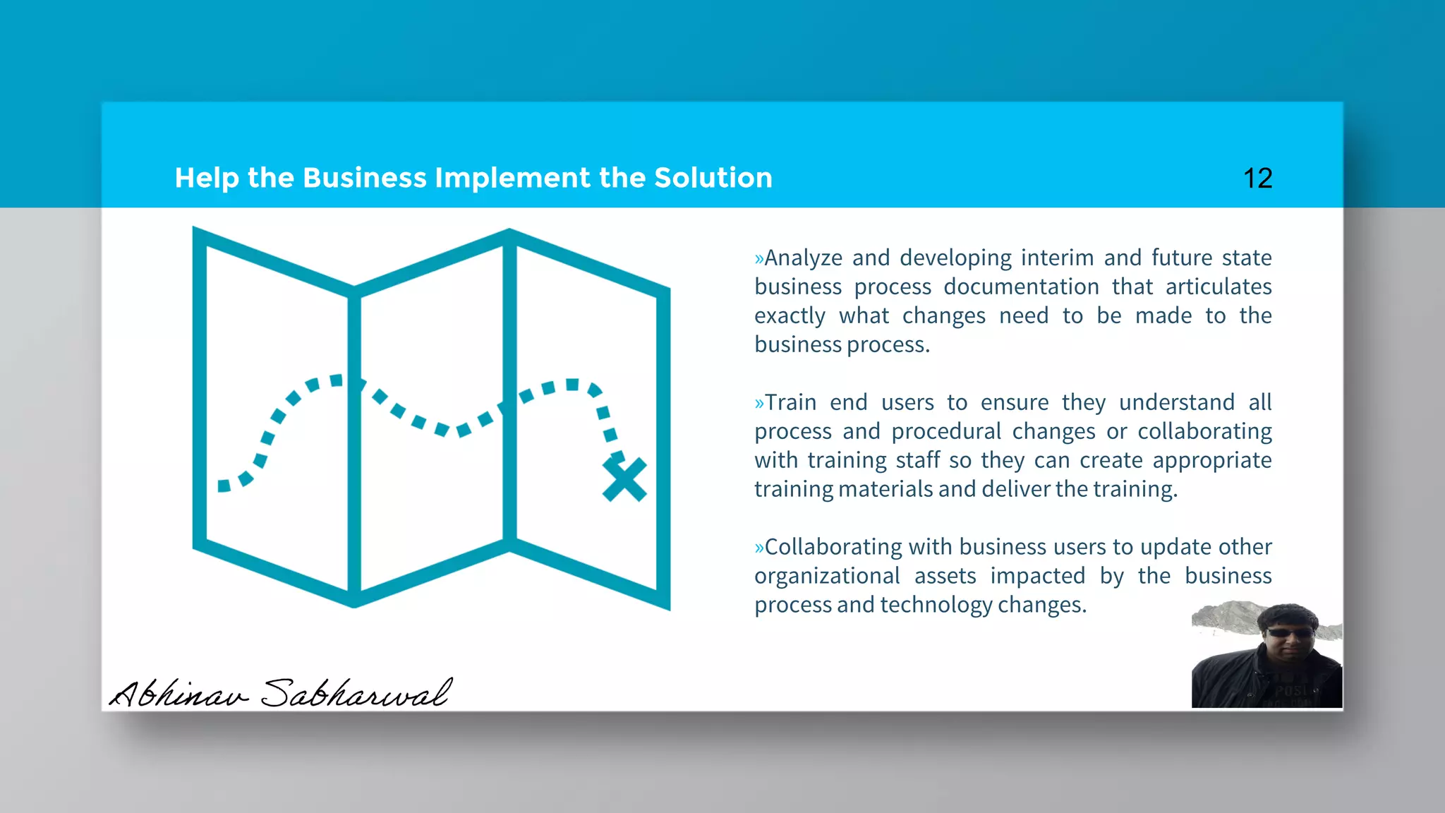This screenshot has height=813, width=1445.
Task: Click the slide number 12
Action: (x=1257, y=179)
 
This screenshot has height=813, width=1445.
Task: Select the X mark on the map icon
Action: (x=624, y=480)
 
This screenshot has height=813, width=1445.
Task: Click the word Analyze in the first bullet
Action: (x=803, y=258)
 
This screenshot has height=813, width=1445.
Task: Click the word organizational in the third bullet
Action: (x=827, y=577)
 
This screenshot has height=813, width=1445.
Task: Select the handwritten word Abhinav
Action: (x=180, y=693)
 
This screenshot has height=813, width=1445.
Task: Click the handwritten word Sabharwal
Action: (x=356, y=693)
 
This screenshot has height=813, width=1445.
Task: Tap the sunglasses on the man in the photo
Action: (x=1290, y=633)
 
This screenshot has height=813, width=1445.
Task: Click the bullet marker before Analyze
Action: (x=759, y=259)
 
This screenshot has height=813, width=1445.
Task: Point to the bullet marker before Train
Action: (x=759, y=404)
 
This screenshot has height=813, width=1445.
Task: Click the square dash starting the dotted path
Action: (x=224, y=486)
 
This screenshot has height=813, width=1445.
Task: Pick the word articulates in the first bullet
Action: (x=1219, y=287)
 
